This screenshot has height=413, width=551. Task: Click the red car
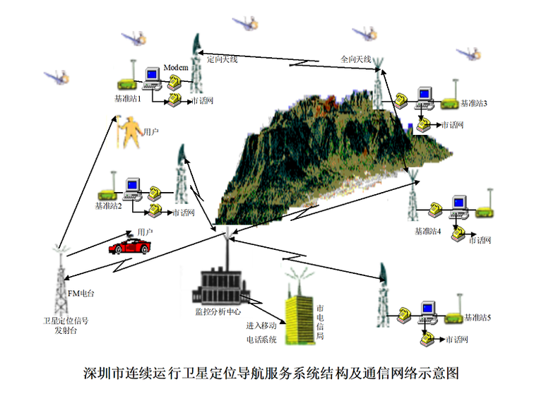(x=129, y=246)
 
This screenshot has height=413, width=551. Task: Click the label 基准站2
(x=109, y=206)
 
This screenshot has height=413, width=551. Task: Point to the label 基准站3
(x=474, y=103)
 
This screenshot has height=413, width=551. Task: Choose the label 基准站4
(x=427, y=231)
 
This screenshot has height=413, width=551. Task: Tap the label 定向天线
(x=222, y=59)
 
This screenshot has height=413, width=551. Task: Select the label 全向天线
(x=356, y=59)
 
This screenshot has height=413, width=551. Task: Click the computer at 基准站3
(x=423, y=96)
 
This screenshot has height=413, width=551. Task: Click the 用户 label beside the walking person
(x=150, y=131)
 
